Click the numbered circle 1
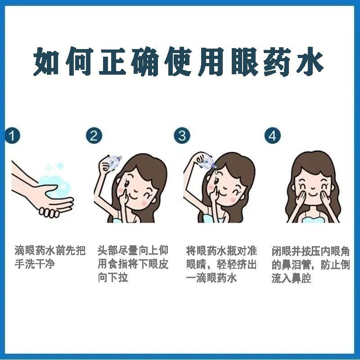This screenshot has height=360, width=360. pyautogui.click(x=12, y=136)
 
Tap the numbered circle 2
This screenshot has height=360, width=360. pyautogui.click(x=94, y=136)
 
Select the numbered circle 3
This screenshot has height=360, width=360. pyautogui.click(x=182, y=136)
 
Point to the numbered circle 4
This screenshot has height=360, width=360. pyautogui.click(x=273, y=136)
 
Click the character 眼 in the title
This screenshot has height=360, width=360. pyautogui.click(x=245, y=61)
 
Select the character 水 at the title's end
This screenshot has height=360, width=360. pyautogui.click(x=310, y=61)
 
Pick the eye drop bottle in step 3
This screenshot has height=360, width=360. pyautogui.click(x=205, y=160)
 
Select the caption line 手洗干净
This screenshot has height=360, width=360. pyautogui.click(x=35, y=264)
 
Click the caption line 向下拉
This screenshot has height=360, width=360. pyautogui.click(x=113, y=277)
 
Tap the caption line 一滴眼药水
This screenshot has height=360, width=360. pyautogui.click(x=211, y=278)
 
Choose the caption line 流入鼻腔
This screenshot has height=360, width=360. pyautogui.click(x=291, y=278)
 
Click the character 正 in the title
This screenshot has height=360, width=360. pyautogui.click(x=112, y=61)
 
